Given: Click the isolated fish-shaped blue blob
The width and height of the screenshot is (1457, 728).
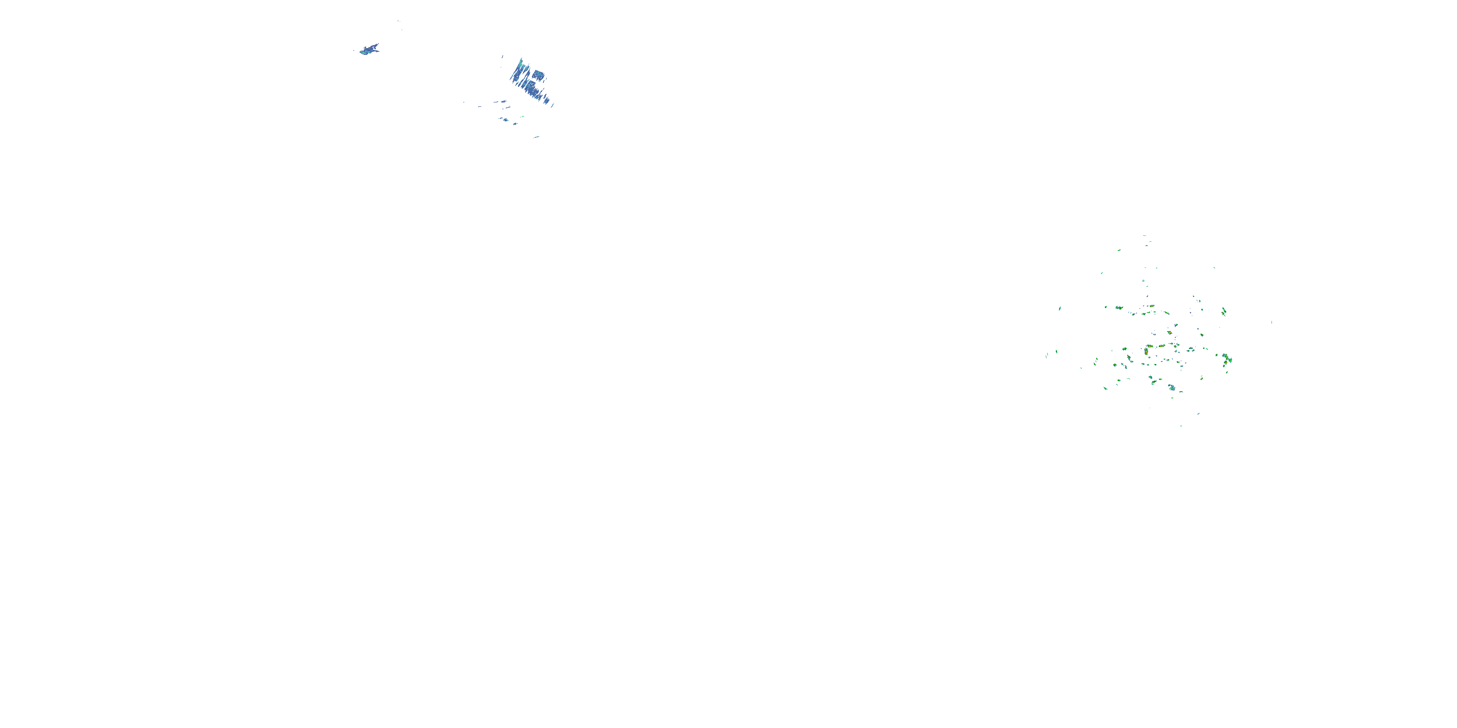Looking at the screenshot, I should (369, 50).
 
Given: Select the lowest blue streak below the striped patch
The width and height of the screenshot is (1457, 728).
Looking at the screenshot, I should (536, 137).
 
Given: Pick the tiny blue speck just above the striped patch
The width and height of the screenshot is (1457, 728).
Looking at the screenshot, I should (502, 56).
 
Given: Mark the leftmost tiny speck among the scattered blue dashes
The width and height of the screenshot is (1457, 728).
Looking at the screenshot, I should (464, 102).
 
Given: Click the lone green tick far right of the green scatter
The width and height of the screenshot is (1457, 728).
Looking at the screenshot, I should (1272, 322).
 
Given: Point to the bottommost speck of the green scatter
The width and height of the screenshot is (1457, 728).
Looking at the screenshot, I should (1181, 426).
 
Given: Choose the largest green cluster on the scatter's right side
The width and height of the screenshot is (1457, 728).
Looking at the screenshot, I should (1226, 359).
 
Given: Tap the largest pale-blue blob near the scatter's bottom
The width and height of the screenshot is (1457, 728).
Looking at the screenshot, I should (1172, 388).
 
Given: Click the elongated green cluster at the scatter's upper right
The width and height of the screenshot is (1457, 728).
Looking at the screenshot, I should (1223, 311).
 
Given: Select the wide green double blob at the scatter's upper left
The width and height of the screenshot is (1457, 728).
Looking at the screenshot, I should (1119, 308).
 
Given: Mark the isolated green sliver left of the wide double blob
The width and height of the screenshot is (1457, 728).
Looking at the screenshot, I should (1059, 309).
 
